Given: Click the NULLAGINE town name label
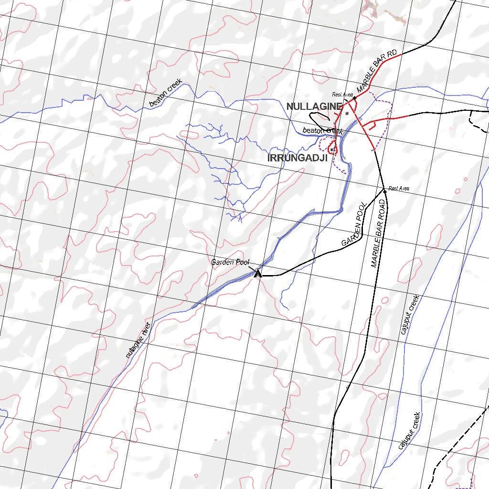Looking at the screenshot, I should point(314,106).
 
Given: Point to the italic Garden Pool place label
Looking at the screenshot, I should point(230,262).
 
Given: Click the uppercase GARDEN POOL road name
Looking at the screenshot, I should point(354,224).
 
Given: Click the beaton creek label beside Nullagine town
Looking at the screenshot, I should point(323,130).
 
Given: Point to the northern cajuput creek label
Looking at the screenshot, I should point(410,314).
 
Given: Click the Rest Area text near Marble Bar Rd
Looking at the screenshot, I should point(343,95).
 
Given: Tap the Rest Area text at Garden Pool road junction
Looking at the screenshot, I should point(399,189).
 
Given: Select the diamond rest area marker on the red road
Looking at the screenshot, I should point(354,97).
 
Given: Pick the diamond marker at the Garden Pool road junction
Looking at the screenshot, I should point(384,191).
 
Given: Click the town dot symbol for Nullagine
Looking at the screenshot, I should point(347,114).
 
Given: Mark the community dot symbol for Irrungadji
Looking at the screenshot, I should point(331,149).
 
